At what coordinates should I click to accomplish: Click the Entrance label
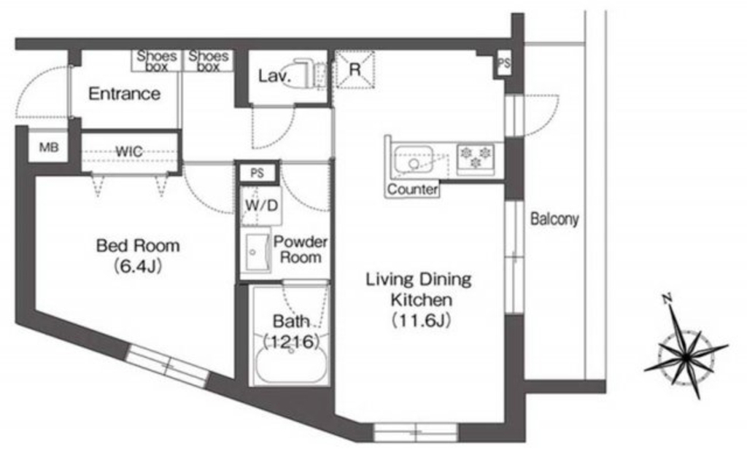click(x=124, y=94)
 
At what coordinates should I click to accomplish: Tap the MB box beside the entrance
click(x=49, y=147)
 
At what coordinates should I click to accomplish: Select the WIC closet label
click(x=129, y=152)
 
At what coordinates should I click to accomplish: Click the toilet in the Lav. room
click(x=304, y=73)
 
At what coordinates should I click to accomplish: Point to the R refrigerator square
click(x=355, y=69)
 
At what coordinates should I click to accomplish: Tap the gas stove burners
click(x=476, y=158)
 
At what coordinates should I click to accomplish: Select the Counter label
click(x=413, y=190)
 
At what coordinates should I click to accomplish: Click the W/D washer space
click(x=261, y=205)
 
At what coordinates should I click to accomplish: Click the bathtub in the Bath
click(x=291, y=365)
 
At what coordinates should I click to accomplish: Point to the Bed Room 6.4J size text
click(x=138, y=265)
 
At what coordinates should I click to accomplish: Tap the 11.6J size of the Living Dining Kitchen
click(x=421, y=321)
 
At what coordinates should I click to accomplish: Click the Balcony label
click(x=555, y=219)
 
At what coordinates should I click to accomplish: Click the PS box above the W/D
click(x=258, y=173)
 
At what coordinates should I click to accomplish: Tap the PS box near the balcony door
click(x=503, y=63)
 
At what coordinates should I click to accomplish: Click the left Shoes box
click(x=157, y=61)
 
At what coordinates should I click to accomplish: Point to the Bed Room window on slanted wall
click(x=169, y=366)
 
